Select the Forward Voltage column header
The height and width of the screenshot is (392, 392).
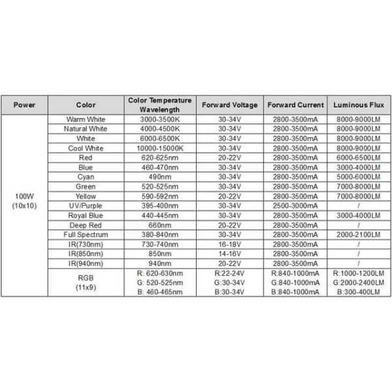tap(229, 105)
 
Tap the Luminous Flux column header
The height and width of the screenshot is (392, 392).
tap(357, 105)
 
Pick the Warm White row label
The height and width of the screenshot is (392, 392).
tap(86, 120)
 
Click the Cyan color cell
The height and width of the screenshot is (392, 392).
tap(86, 176)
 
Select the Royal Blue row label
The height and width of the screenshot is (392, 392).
tap(86, 215)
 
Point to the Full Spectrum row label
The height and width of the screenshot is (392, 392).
tap(86, 234)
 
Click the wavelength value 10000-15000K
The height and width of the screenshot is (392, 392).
tap(159, 148)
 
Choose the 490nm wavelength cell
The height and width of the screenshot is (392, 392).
tap(159, 176)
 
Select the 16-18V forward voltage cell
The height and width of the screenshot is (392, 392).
tap(229, 244)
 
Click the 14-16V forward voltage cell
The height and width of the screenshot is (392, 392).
tap(229, 253)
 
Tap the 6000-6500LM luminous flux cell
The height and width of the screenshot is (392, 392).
tap(357, 157)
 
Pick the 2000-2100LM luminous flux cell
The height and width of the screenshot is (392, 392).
tap(357, 234)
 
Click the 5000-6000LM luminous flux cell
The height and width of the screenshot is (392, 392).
tap(357, 176)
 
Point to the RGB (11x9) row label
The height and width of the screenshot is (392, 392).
tap(86, 282)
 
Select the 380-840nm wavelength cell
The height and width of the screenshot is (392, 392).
tap(159, 234)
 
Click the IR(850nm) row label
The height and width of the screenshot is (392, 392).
tap(86, 253)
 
